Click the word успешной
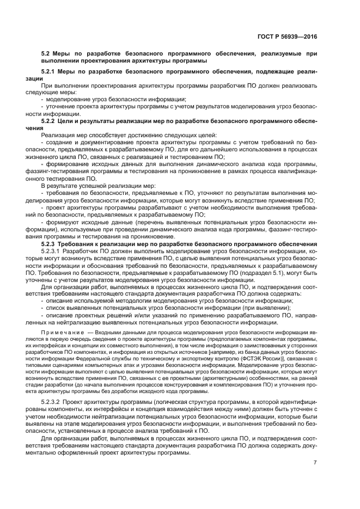(x=95, y=186)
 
